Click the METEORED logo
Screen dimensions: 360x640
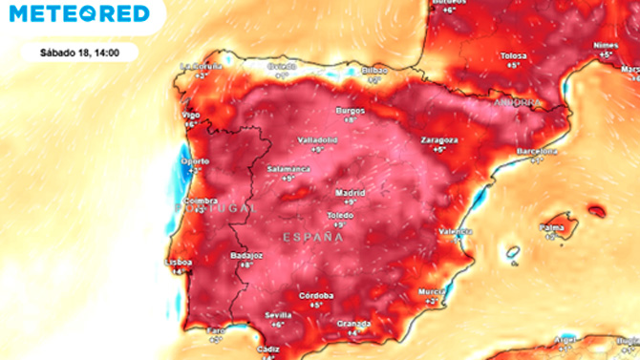(x=79, y=13)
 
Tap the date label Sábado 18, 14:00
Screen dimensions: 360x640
(x=79, y=53)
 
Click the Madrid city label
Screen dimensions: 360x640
(x=350, y=192)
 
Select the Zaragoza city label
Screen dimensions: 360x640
(x=438, y=139)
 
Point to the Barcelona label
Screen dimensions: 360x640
(x=536, y=152)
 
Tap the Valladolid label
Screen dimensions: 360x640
(x=317, y=139)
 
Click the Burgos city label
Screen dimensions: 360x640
(x=351, y=110)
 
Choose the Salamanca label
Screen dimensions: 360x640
(x=288, y=169)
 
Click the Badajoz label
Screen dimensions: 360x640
(x=246, y=255)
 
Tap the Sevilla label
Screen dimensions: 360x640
(x=278, y=315)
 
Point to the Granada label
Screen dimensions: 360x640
(x=353, y=323)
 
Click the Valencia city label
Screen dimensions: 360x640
(x=455, y=231)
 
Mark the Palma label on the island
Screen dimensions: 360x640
(x=551, y=227)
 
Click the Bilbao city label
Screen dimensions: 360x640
(x=373, y=71)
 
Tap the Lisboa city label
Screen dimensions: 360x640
(x=179, y=262)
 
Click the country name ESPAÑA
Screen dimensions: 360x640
(x=312, y=235)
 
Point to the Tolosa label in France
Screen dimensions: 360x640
(x=514, y=55)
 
